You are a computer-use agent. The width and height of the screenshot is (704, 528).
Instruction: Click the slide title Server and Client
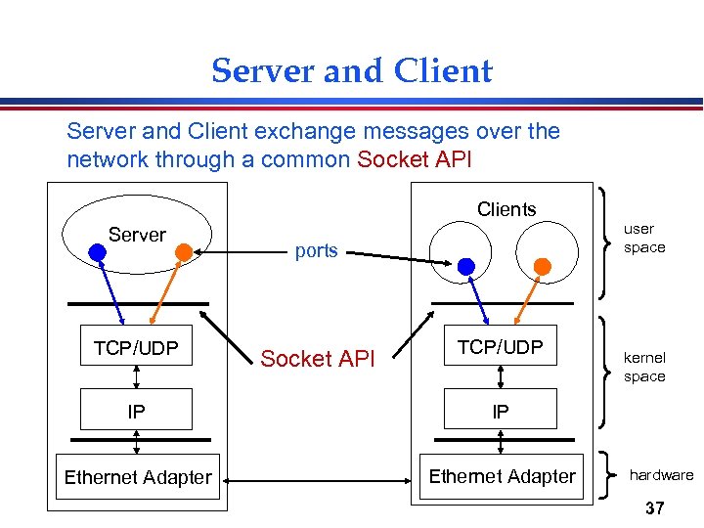[x=352, y=71]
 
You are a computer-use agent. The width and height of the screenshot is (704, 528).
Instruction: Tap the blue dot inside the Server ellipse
[x=96, y=251]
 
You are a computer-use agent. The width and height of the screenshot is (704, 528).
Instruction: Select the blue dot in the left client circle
[x=467, y=266]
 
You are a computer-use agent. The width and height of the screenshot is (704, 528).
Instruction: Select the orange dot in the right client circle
[x=541, y=265]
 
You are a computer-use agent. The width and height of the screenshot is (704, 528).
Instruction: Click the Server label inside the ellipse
[x=137, y=235]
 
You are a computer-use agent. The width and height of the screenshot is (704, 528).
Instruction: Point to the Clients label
[x=506, y=209]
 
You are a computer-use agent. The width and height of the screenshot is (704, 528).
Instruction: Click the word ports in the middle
[x=316, y=250]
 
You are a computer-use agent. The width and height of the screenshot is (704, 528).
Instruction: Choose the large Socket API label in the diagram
[x=318, y=359]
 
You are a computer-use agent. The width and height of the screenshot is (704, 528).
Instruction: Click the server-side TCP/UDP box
[x=136, y=346]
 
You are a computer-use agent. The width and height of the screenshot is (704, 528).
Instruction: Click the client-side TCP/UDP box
[x=500, y=346]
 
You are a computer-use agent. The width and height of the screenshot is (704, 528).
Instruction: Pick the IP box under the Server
[x=136, y=412]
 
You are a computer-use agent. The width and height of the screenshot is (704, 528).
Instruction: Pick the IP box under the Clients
[x=500, y=412]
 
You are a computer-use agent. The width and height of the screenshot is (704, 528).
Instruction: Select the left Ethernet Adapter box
[x=138, y=477]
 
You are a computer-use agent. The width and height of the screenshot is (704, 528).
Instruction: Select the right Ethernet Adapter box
[x=503, y=476]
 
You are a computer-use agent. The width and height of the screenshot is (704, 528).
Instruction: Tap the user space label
[x=644, y=238]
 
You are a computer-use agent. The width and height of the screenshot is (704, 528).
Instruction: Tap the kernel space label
[x=644, y=367]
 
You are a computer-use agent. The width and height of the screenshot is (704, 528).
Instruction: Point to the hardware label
[x=661, y=475]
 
